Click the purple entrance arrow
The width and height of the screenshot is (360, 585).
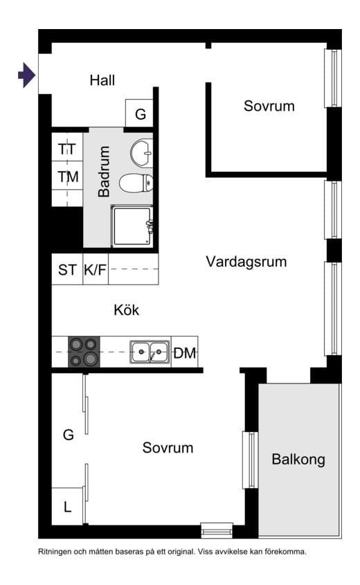pos(26,75)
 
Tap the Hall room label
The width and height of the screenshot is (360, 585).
pos(102,80)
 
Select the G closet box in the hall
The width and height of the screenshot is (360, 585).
pos(140,114)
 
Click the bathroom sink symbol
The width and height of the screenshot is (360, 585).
pos(142,153)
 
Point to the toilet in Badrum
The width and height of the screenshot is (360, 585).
pos(136,183)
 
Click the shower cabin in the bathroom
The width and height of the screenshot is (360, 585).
pos(132,226)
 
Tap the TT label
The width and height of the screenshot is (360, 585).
pos(67,149)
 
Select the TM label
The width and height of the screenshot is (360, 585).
pos(68,177)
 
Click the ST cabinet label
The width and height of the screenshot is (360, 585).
pos(67,270)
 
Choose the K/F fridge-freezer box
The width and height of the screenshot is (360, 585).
pos(96,270)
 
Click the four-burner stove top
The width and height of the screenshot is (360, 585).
pos(84,352)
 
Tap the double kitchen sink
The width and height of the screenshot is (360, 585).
pos(150,352)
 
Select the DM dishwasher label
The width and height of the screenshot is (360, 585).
pos(185,353)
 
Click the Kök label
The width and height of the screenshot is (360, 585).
pos(127,310)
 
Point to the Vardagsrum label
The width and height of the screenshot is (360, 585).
pos(246,262)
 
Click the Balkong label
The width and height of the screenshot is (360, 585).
pos(298,459)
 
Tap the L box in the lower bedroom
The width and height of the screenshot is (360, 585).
pos(67,507)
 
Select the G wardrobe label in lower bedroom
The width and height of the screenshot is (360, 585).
pos(68,435)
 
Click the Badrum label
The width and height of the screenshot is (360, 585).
pos(105,172)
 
